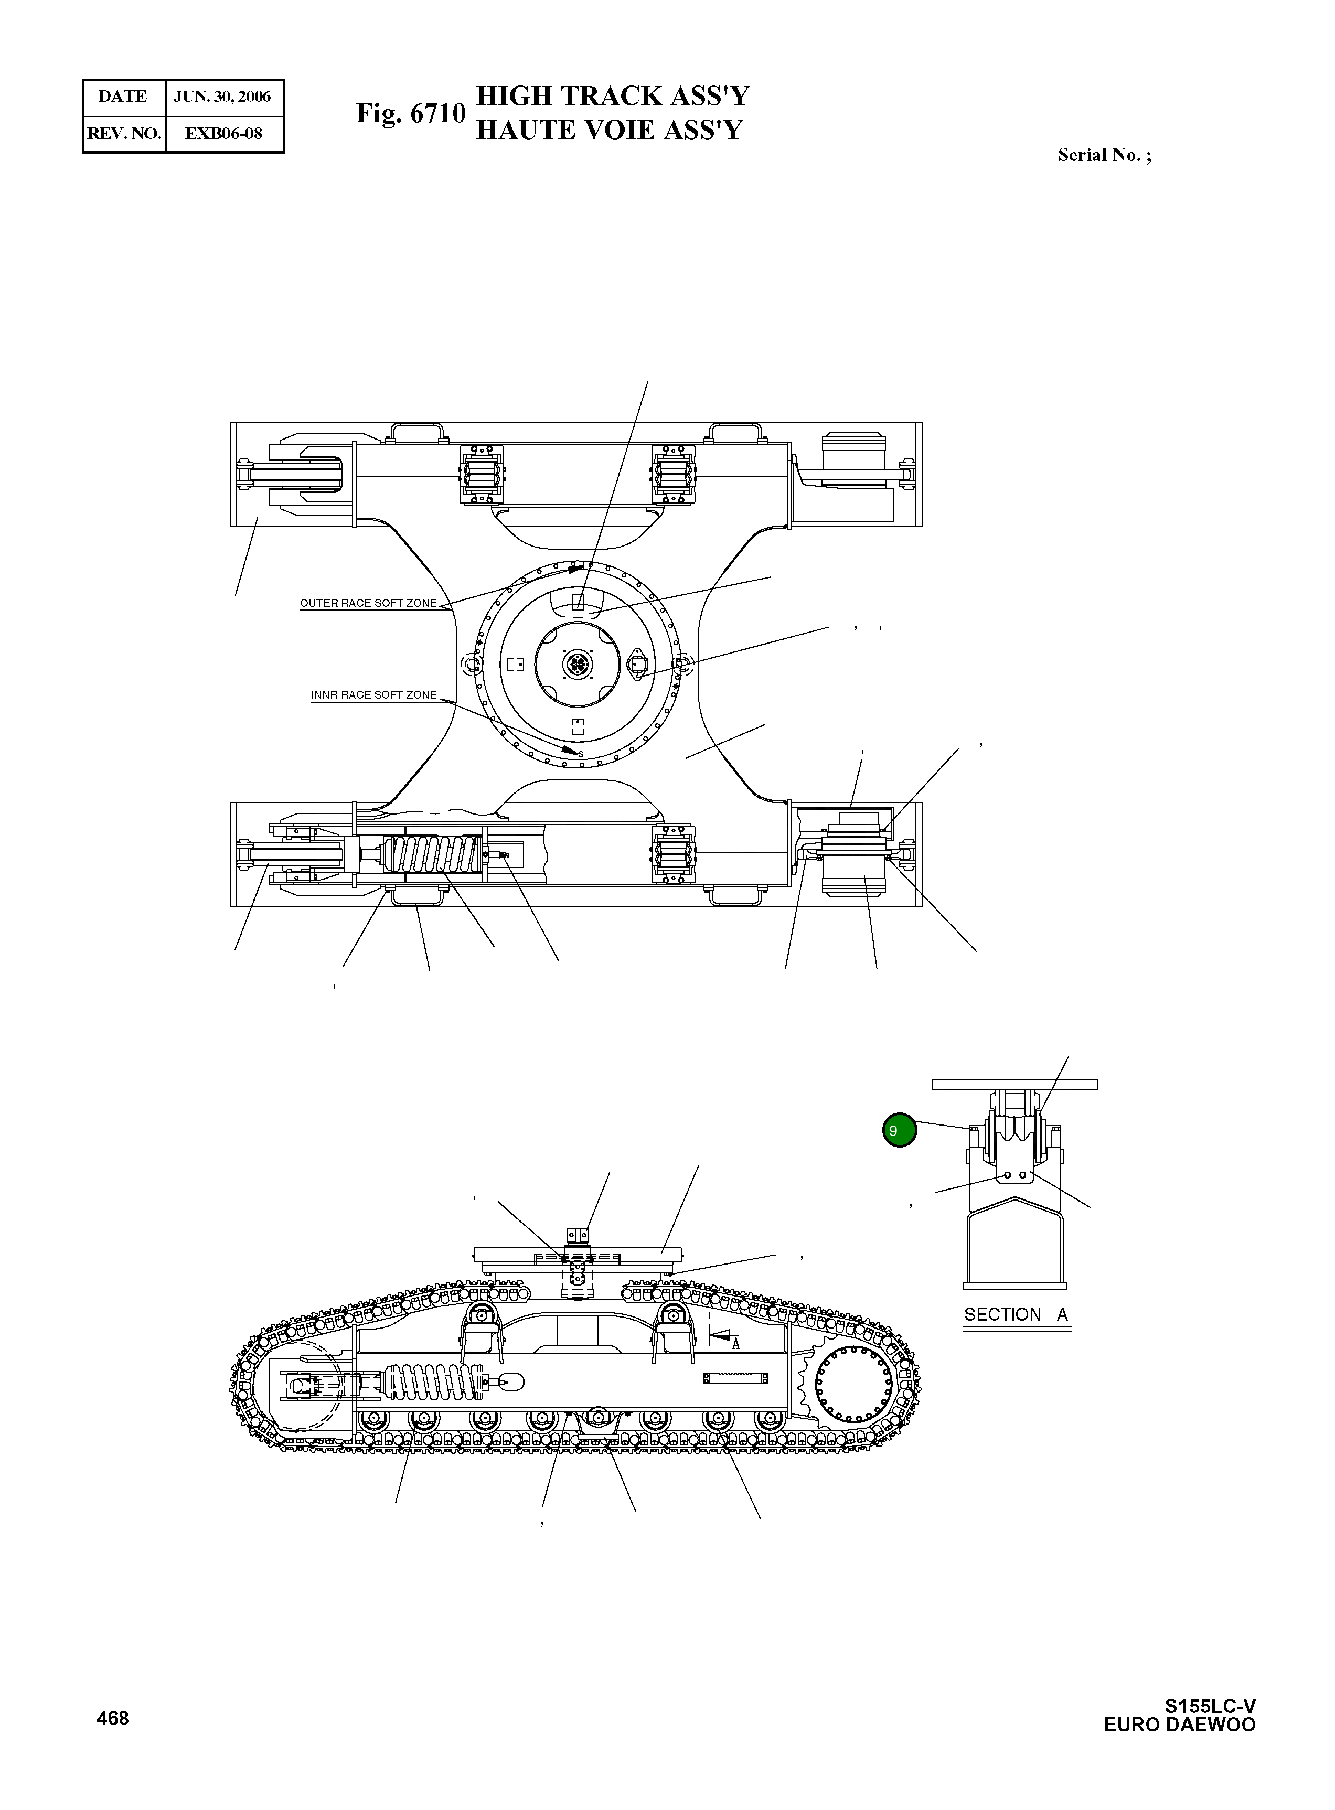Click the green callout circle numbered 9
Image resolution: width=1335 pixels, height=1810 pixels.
(900, 1130)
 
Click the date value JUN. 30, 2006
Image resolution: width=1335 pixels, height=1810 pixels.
(222, 97)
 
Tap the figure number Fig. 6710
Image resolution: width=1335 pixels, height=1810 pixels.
(411, 113)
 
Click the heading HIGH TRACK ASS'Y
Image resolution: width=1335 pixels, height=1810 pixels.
(613, 96)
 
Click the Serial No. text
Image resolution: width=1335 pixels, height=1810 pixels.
(1104, 155)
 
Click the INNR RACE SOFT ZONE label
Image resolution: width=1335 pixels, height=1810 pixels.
(373, 695)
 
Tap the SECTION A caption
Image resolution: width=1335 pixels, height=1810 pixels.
(1016, 1315)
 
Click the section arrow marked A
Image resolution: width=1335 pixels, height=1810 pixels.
(722, 1337)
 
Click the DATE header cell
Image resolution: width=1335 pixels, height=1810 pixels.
(123, 97)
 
